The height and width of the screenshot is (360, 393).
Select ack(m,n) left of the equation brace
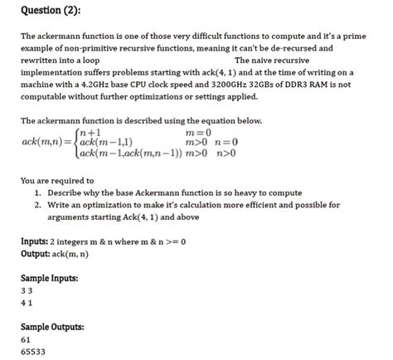pos(46,142)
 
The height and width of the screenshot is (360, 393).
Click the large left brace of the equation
pos(75,142)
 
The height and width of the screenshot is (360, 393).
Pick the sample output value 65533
pos(32,351)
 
